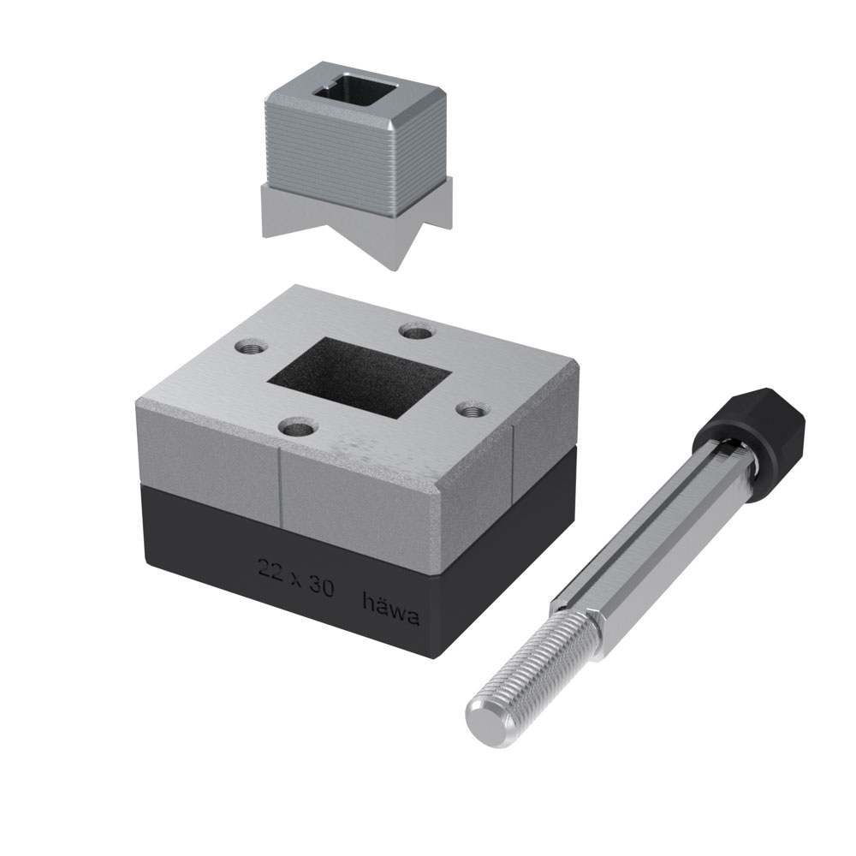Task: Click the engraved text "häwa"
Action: (391, 609)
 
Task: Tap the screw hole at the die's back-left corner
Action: (249, 348)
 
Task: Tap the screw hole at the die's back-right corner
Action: (419, 330)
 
